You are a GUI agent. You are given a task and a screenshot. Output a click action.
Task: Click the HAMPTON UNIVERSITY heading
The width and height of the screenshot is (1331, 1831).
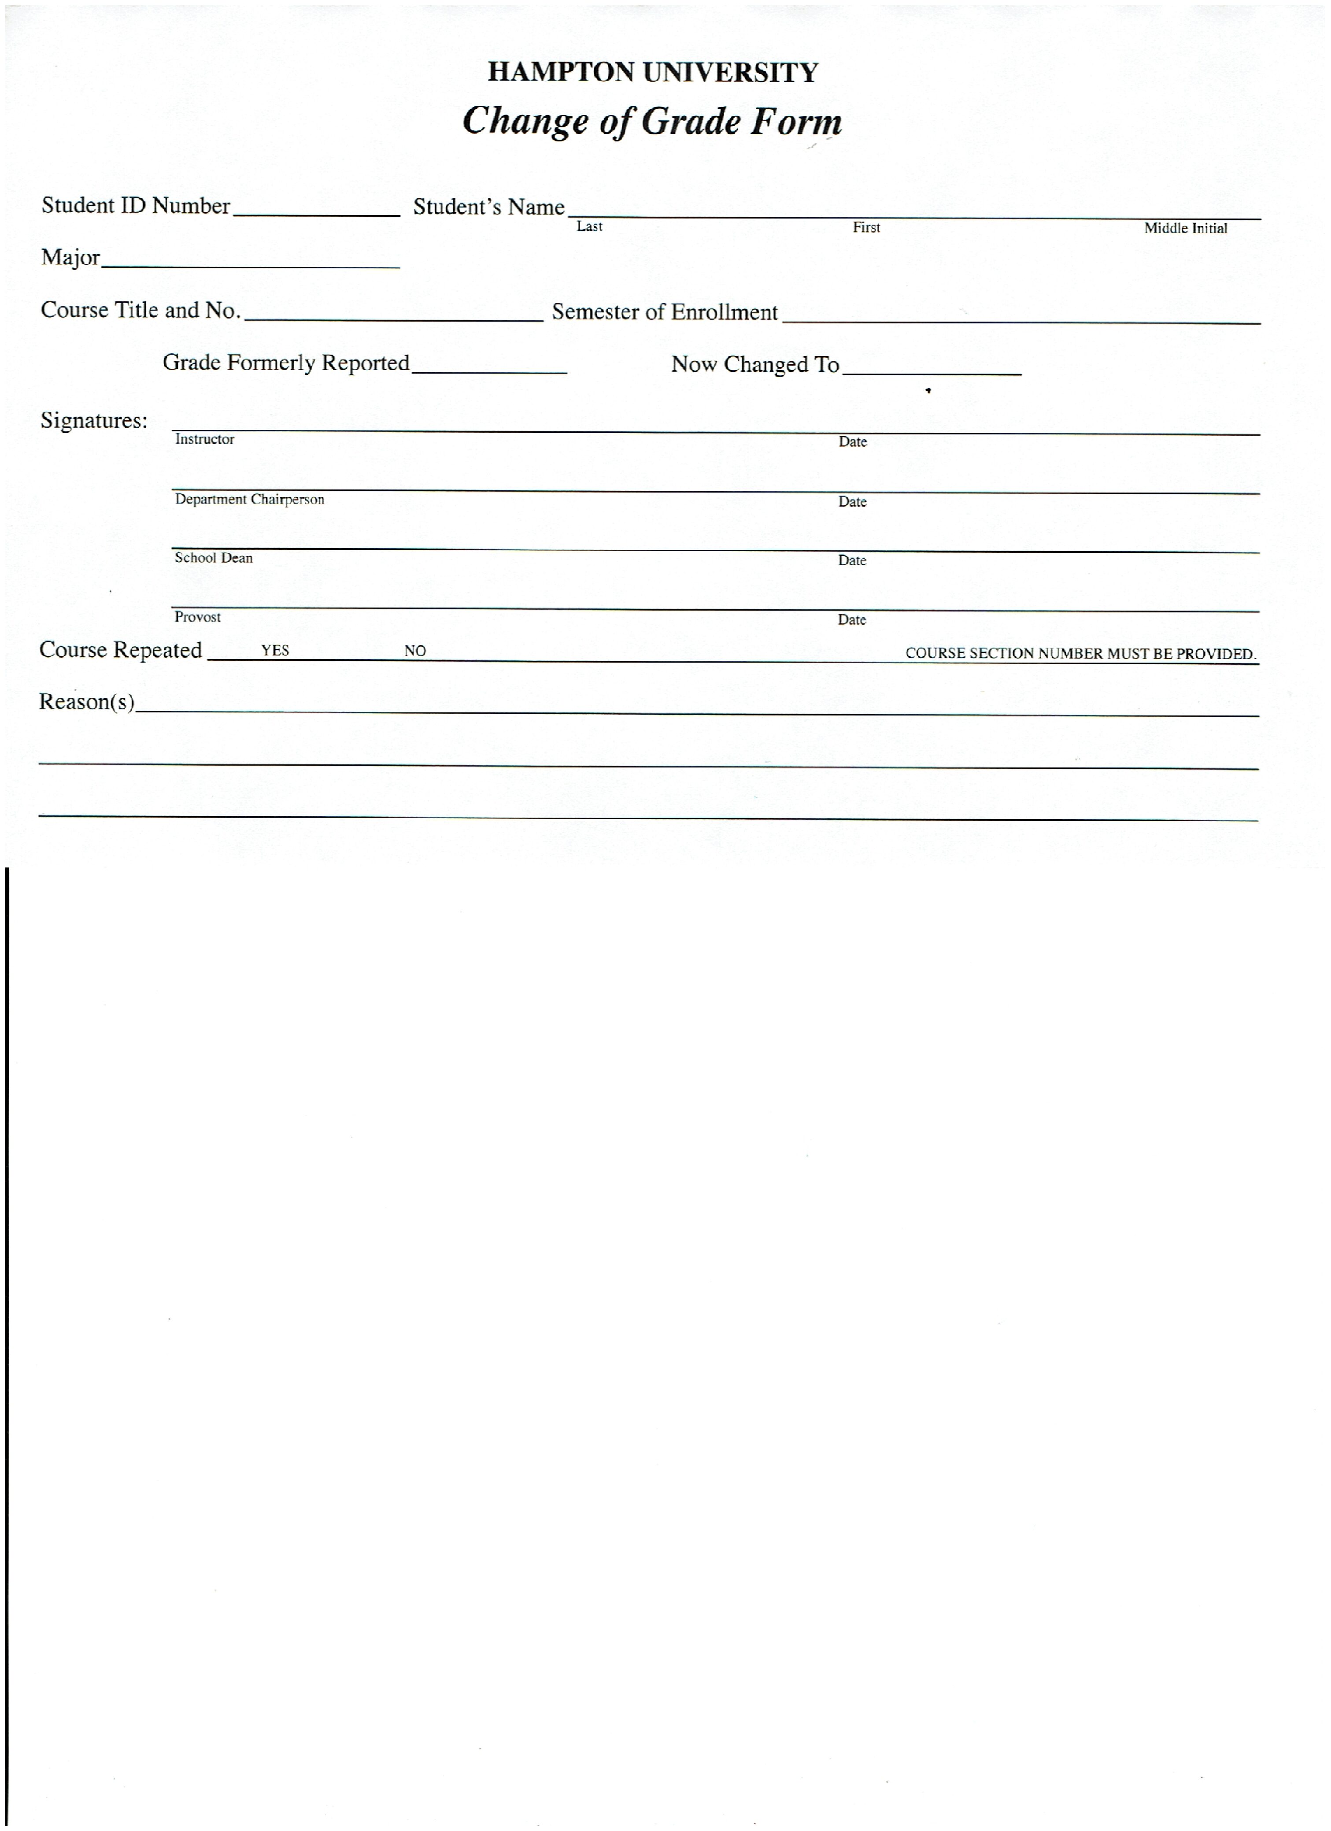652,73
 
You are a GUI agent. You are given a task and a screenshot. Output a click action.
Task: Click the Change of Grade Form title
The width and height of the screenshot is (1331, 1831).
652,121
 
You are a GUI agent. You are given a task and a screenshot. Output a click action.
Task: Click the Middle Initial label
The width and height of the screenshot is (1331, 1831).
1185,229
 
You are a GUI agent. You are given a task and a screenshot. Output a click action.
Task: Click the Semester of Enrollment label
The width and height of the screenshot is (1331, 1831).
664,312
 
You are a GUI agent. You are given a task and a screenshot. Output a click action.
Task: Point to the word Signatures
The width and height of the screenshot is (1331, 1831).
94,421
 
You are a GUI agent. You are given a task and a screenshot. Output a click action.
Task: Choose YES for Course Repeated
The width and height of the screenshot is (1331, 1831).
274,651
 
